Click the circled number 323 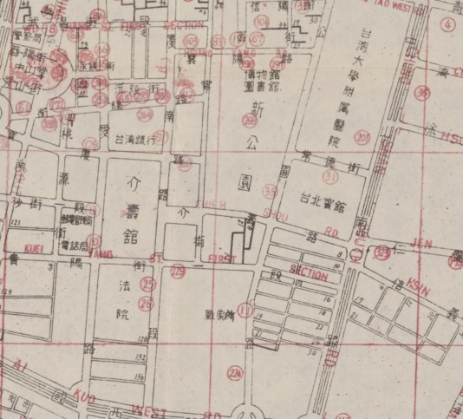pyautogui.click(x=382, y=253)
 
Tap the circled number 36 pyautogui.click(x=422, y=93)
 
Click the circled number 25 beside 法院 pyautogui.click(x=148, y=283)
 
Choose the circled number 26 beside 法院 pyautogui.click(x=146, y=302)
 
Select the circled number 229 pyautogui.click(x=178, y=274)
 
